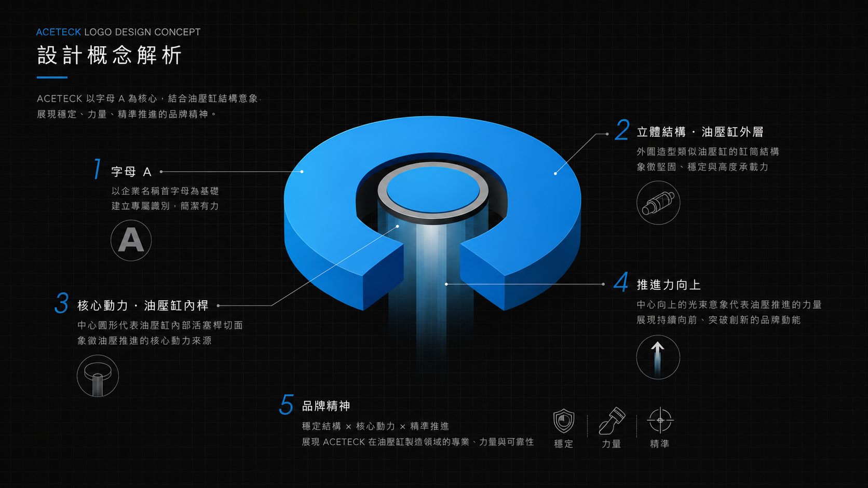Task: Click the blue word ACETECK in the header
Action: click(x=59, y=32)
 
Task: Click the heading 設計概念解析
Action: click(x=109, y=55)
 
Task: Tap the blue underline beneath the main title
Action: click(x=52, y=77)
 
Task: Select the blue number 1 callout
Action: click(x=97, y=169)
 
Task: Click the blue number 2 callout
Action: click(x=622, y=130)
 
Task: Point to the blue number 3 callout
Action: click(x=62, y=302)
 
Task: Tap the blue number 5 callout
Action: click(x=287, y=405)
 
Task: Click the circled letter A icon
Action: click(x=131, y=240)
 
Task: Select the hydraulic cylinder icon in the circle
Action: click(x=658, y=203)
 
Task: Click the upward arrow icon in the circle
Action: click(x=658, y=357)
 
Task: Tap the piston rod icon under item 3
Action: click(x=98, y=376)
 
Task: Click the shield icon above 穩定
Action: click(x=563, y=421)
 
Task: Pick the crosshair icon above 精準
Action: click(x=660, y=420)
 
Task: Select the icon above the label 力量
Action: click(x=612, y=421)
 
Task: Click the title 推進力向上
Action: click(x=669, y=285)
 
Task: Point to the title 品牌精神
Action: click(x=326, y=406)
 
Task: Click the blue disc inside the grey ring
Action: click(x=433, y=190)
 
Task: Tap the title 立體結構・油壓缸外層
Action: click(x=700, y=132)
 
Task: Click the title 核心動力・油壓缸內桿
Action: click(x=143, y=306)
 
